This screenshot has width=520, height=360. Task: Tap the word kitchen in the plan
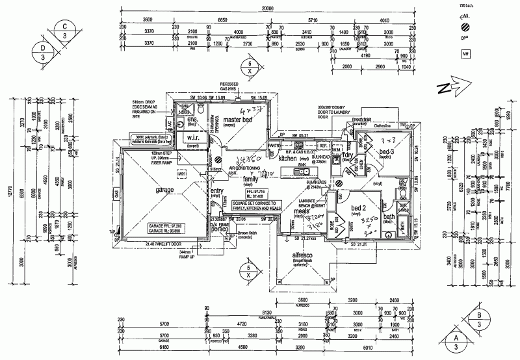pyautogui.click(x=287, y=158)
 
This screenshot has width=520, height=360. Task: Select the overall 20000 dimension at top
pyautogui.click(x=266, y=8)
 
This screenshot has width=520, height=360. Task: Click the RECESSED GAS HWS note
pyautogui.click(x=229, y=86)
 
